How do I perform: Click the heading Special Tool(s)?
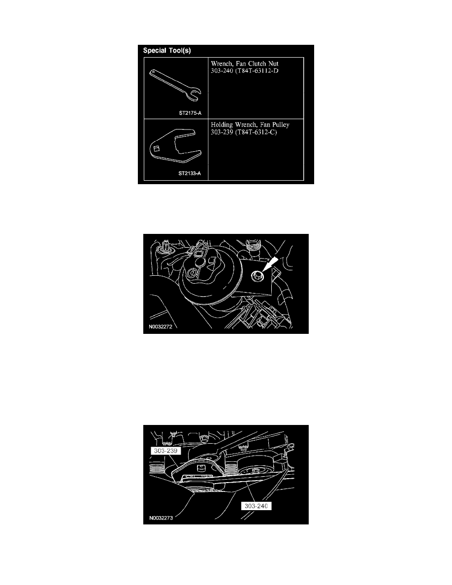pos(167,50)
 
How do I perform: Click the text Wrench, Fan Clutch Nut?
pos(245,64)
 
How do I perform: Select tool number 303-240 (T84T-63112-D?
pos(245,71)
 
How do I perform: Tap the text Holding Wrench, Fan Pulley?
pos(250,125)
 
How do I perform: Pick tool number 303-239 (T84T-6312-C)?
pos(244,132)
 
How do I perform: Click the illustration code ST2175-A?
pos(190,113)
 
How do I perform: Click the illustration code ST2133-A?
pos(190,173)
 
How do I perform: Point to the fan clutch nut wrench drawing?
pos(175,86)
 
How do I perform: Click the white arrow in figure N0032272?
pos(271,263)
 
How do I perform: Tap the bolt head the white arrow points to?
pos(258,276)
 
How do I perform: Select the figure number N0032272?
pos(161,327)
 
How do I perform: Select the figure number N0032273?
pos(161,518)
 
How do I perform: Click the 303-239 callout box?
pos(165,451)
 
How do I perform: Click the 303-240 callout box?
pos(256,506)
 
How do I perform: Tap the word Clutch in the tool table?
pos(258,64)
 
